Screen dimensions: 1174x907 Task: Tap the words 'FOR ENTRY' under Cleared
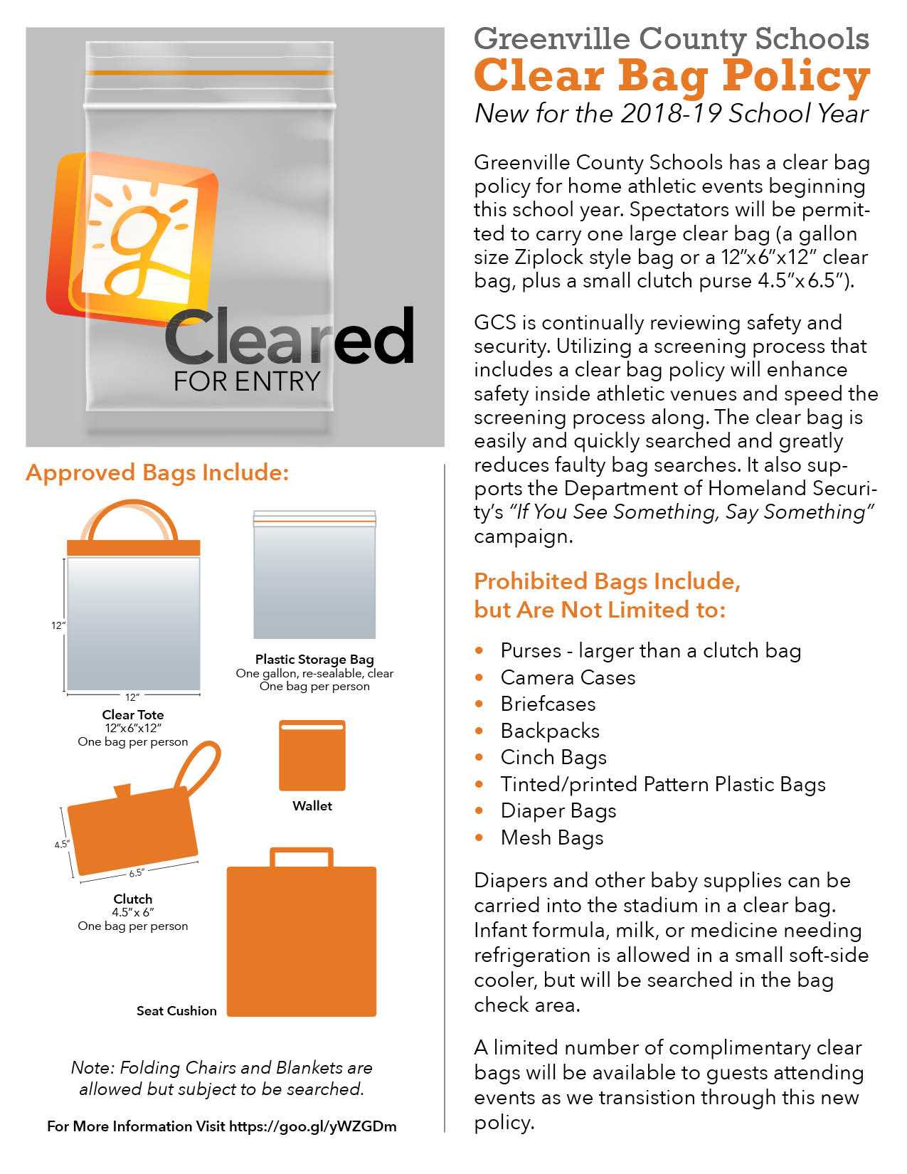246,381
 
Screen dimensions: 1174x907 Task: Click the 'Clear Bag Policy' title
672,76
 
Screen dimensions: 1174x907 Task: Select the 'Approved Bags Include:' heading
157,473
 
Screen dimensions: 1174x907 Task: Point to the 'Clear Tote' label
133,714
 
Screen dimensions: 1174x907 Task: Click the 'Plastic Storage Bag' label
314,659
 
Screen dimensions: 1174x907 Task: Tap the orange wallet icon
312,756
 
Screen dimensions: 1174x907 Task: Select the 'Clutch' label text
133,899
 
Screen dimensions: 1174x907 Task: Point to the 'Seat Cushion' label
176,1010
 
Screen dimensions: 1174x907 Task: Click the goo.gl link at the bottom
313,1126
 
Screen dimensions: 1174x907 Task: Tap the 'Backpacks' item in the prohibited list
550,731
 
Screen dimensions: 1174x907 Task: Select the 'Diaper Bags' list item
558,810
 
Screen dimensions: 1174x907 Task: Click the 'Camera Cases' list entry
568,677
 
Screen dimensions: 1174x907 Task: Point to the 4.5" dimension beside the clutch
61,845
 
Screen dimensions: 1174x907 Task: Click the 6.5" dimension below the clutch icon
137,874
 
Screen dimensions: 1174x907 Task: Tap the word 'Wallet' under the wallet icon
312,806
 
